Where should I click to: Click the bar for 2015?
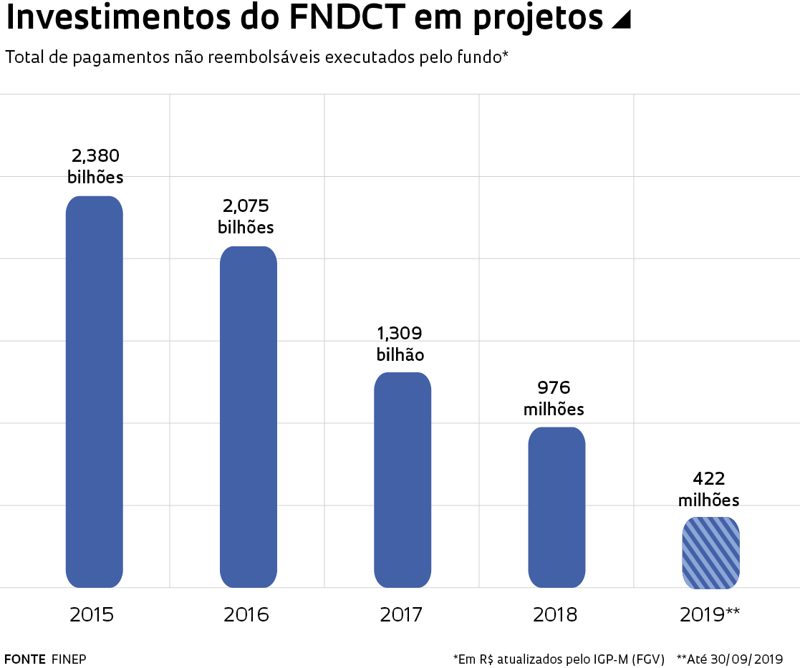point(95,392)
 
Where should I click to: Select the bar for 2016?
point(248,417)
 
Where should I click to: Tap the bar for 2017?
point(403,480)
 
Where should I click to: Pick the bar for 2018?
point(556,507)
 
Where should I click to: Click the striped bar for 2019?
point(710,553)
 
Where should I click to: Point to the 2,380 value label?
point(95,155)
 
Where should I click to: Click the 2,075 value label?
point(246,206)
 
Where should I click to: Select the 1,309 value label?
point(400,333)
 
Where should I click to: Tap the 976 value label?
point(554,387)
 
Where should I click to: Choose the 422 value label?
point(708,478)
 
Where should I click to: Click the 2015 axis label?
point(92,614)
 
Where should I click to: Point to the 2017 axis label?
point(401,614)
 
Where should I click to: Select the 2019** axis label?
point(710,614)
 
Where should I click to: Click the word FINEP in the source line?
point(69,659)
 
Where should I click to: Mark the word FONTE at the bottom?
point(25,659)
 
